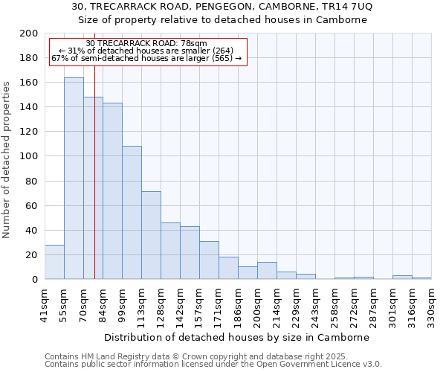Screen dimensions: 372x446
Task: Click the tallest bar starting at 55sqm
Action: point(74,179)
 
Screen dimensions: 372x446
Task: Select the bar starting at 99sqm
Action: point(132,213)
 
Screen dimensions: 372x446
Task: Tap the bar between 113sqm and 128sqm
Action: point(151,235)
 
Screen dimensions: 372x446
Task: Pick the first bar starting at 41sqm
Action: point(54,262)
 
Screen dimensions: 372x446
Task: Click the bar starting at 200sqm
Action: point(267,271)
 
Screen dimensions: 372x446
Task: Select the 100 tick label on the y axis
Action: point(29,157)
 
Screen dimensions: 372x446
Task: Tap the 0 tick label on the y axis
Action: point(34,280)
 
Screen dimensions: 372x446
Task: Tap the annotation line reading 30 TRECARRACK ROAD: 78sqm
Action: point(146,44)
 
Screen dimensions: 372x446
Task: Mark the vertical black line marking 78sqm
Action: point(94,186)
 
